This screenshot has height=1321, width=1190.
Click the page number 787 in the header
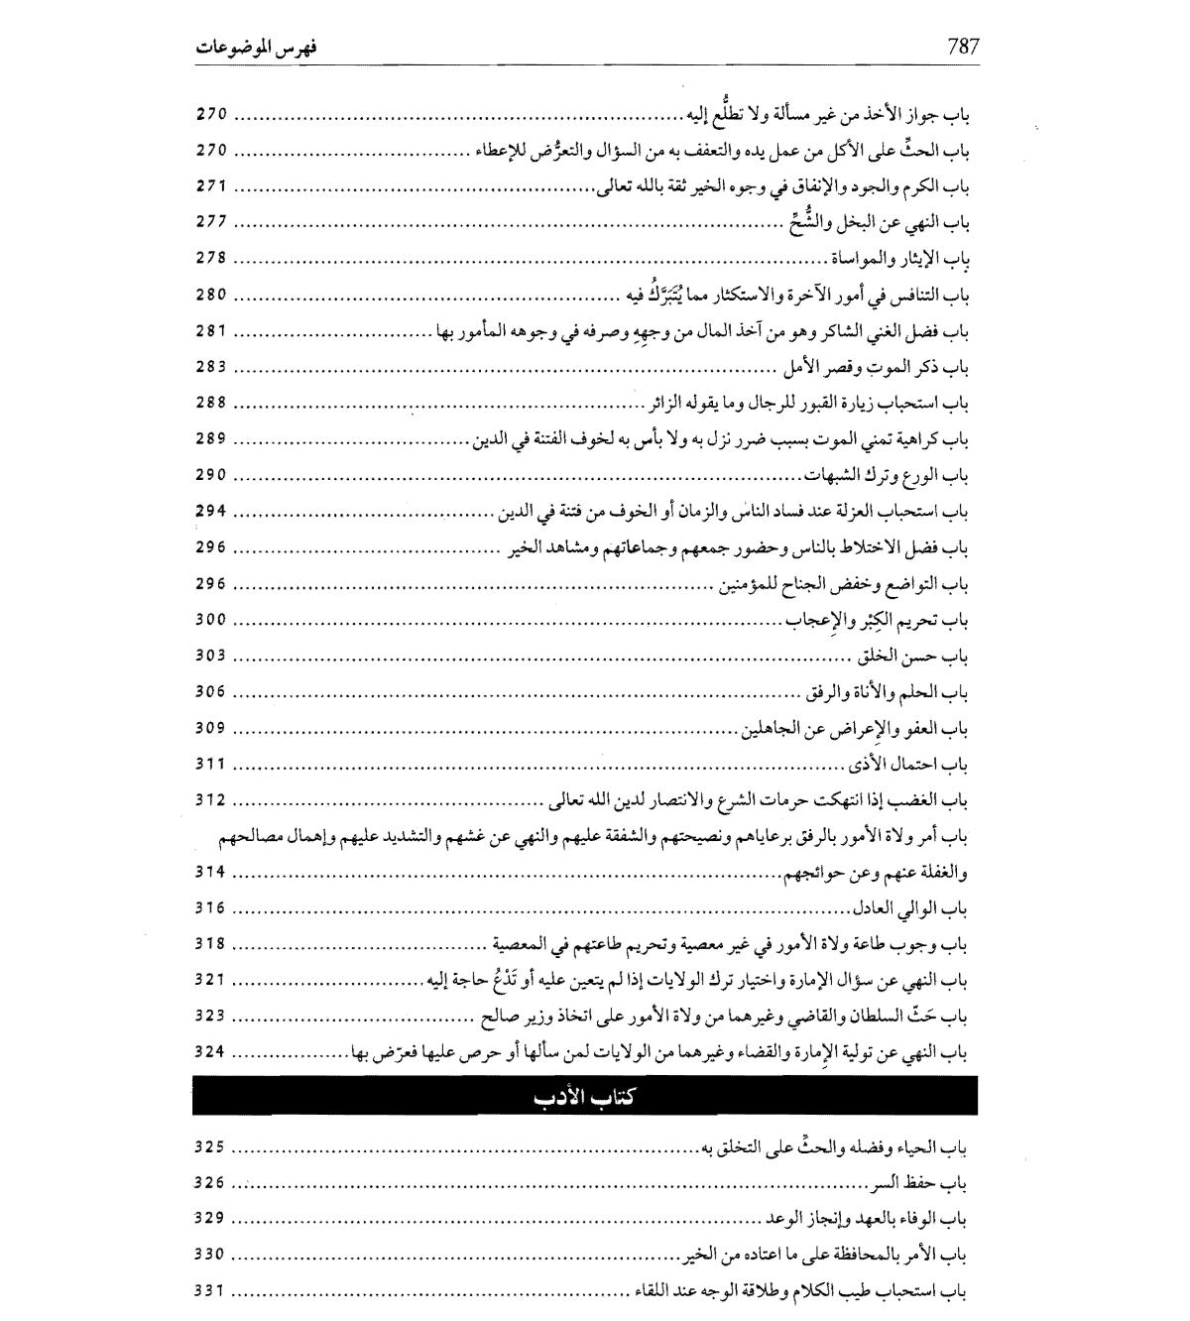click(963, 46)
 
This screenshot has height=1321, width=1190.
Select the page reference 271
click(211, 186)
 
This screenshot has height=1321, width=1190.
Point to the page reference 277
click(211, 222)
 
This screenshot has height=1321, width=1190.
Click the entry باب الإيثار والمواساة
click(898, 260)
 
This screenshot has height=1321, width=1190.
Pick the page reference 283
click(211, 367)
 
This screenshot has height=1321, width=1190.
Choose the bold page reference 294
click(211, 512)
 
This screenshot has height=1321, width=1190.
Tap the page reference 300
click(211, 620)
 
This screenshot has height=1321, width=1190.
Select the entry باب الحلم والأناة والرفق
click(885, 692)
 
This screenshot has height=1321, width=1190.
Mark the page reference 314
click(211, 873)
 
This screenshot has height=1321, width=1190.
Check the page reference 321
click(211, 981)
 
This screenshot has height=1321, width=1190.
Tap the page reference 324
click(211, 1052)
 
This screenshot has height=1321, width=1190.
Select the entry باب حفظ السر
click(918, 1184)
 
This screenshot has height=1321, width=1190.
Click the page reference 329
click(211, 1219)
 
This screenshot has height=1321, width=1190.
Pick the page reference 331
click(211, 1291)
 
